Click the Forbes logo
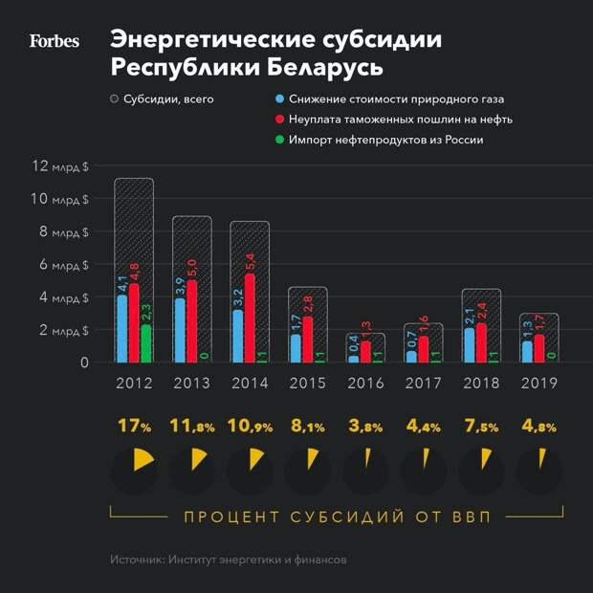tap(54, 41)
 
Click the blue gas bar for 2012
tap(122, 328)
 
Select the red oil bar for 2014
tap(251, 318)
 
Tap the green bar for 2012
tap(146, 343)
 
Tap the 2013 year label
tap(191, 384)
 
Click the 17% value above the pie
tap(134, 427)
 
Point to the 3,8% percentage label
tap(364, 427)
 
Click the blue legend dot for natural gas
tap(277, 99)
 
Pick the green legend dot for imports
tap(277, 140)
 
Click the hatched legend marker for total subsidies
tap(115, 99)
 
